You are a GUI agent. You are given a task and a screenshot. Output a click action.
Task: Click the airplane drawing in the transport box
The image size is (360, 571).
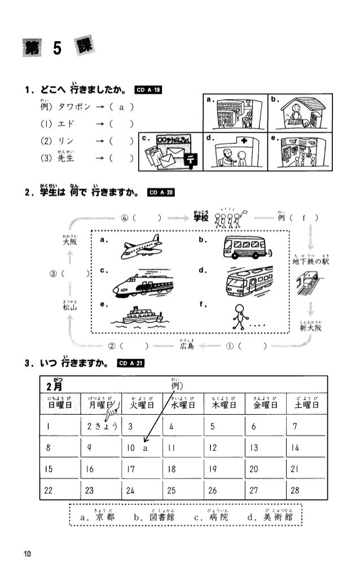click(141, 247)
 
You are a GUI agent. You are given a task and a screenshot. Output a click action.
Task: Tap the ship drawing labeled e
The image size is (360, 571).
click(139, 316)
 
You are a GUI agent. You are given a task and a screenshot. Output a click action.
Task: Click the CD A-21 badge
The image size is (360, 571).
click(130, 362)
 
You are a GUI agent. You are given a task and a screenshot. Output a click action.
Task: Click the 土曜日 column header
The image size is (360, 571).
click(305, 404)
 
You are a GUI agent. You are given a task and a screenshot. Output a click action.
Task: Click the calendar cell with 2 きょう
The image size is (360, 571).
click(102, 426)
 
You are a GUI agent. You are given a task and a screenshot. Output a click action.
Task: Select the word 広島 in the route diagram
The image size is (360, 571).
click(187, 346)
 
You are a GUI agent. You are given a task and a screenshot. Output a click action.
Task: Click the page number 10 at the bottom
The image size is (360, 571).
click(27, 552)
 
